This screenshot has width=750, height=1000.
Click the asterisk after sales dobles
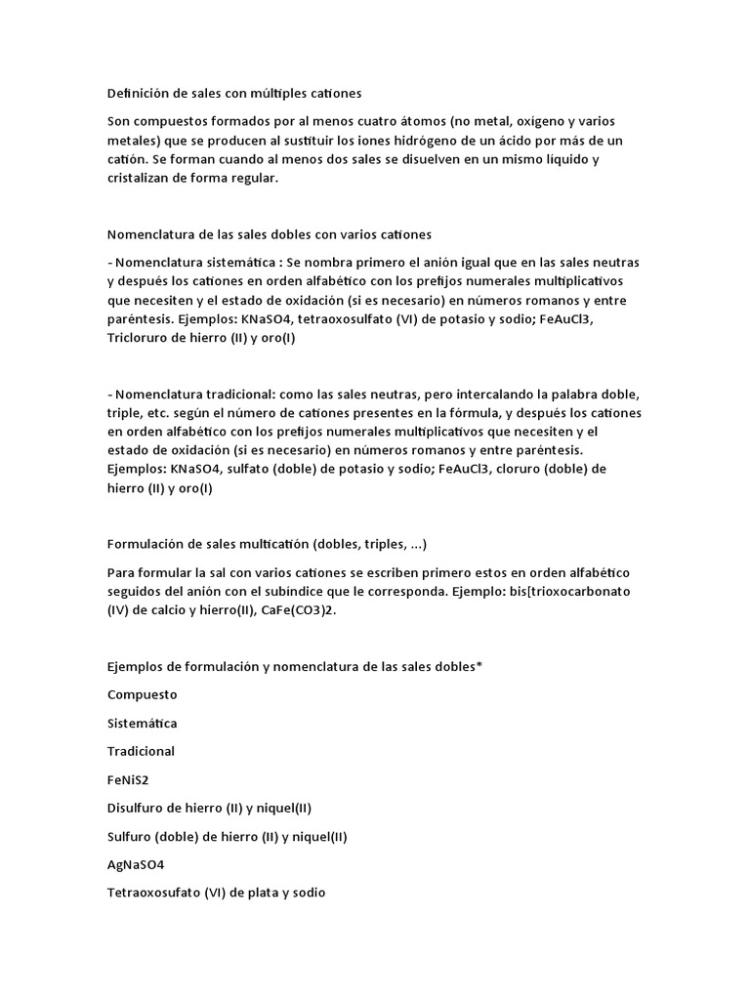(x=479, y=666)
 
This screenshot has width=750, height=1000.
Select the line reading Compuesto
(x=142, y=694)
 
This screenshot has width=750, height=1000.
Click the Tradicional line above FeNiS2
(x=142, y=751)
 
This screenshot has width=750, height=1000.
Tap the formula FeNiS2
(x=129, y=780)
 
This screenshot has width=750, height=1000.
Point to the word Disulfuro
(x=137, y=808)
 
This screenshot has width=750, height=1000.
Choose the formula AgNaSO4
(x=137, y=864)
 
